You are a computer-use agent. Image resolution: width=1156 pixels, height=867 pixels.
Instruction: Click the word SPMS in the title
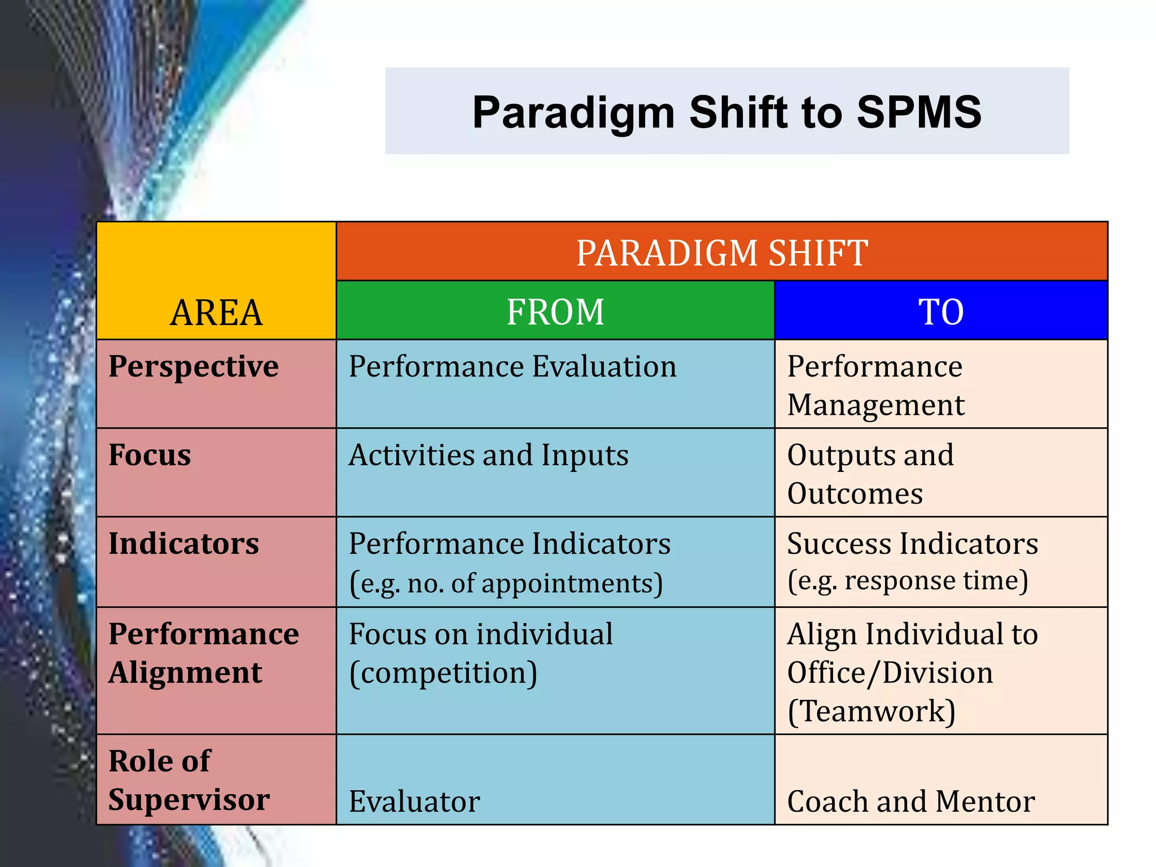pos(918,112)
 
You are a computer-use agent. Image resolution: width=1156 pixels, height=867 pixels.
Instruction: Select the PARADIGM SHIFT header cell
pos(721,252)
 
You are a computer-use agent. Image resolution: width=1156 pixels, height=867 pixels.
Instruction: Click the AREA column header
pos(216,312)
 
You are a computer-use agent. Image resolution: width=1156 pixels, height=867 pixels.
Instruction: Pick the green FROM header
pos(555,312)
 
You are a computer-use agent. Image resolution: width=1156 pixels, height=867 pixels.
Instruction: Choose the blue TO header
pos(940,312)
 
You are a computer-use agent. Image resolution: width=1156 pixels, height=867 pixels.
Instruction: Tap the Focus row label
pos(150,455)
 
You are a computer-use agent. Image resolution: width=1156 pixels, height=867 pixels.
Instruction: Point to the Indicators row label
pos(183,544)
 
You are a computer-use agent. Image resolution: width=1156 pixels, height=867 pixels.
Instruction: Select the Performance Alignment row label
pos(203,653)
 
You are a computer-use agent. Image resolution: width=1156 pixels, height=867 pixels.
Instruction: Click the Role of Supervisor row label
pos(189,780)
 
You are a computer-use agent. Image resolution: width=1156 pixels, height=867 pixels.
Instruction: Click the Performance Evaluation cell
pos(512,367)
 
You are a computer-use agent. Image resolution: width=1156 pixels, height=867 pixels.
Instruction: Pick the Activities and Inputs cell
pos(488,455)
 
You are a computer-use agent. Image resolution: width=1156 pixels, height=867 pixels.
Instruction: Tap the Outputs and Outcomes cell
pos(870,474)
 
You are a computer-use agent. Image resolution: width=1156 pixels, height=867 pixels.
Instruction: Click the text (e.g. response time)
pos(907,581)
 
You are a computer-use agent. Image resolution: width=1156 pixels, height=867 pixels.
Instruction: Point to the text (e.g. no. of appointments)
pos(506,583)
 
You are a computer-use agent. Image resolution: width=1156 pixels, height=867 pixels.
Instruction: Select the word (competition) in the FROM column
pos(443,673)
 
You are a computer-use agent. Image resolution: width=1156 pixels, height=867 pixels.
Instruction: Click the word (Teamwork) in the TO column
pos(871,711)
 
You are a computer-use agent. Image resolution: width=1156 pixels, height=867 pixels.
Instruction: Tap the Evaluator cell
pos(414,802)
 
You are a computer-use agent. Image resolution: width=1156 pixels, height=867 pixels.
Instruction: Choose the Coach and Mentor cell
pos(910,802)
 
